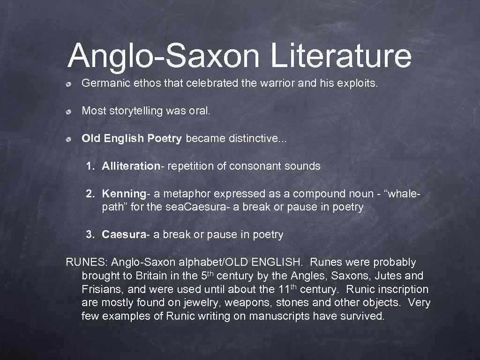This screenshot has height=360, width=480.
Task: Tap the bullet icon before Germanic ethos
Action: [x=68, y=84]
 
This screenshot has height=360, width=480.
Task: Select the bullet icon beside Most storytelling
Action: [x=68, y=112]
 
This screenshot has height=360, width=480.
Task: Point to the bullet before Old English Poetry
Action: [x=68, y=139]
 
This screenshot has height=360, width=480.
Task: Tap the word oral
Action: [x=201, y=111]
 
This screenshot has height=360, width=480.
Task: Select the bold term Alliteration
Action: [x=131, y=166]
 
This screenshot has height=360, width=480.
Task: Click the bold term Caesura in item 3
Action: [x=124, y=235]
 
